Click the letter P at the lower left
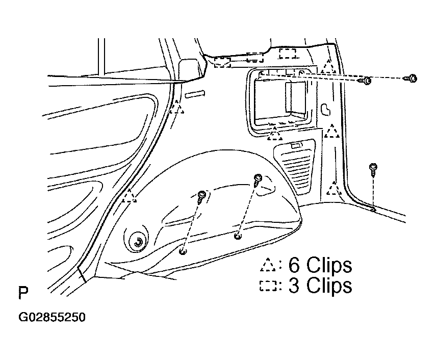pyautogui.click(x=23, y=293)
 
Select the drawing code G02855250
pyautogui.click(x=52, y=317)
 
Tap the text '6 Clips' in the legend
pyautogui.click(x=320, y=266)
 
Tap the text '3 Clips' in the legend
pyautogui.click(x=320, y=286)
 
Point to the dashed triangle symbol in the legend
pyautogui.click(x=268, y=265)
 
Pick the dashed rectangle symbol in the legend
pyautogui.click(x=268, y=286)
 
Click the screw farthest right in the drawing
pyautogui.click(x=411, y=79)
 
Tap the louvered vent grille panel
pyautogui.click(x=295, y=166)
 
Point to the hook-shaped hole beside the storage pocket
pyautogui.click(x=326, y=110)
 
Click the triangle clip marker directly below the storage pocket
pyautogui.click(x=275, y=134)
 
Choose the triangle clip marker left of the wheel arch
pyautogui.click(x=130, y=196)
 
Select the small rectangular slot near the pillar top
pyautogui.click(x=195, y=94)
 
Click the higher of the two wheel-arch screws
pyautogui.click(x=258, y=180)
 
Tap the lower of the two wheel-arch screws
pyautogui.click(x=201, y=197)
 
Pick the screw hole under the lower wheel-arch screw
pyautogui.click(x=183, y=252)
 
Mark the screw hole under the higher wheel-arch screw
pyautogui.click(x=238, y=237)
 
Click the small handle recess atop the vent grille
pyautogui.click(x=297, y=145)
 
